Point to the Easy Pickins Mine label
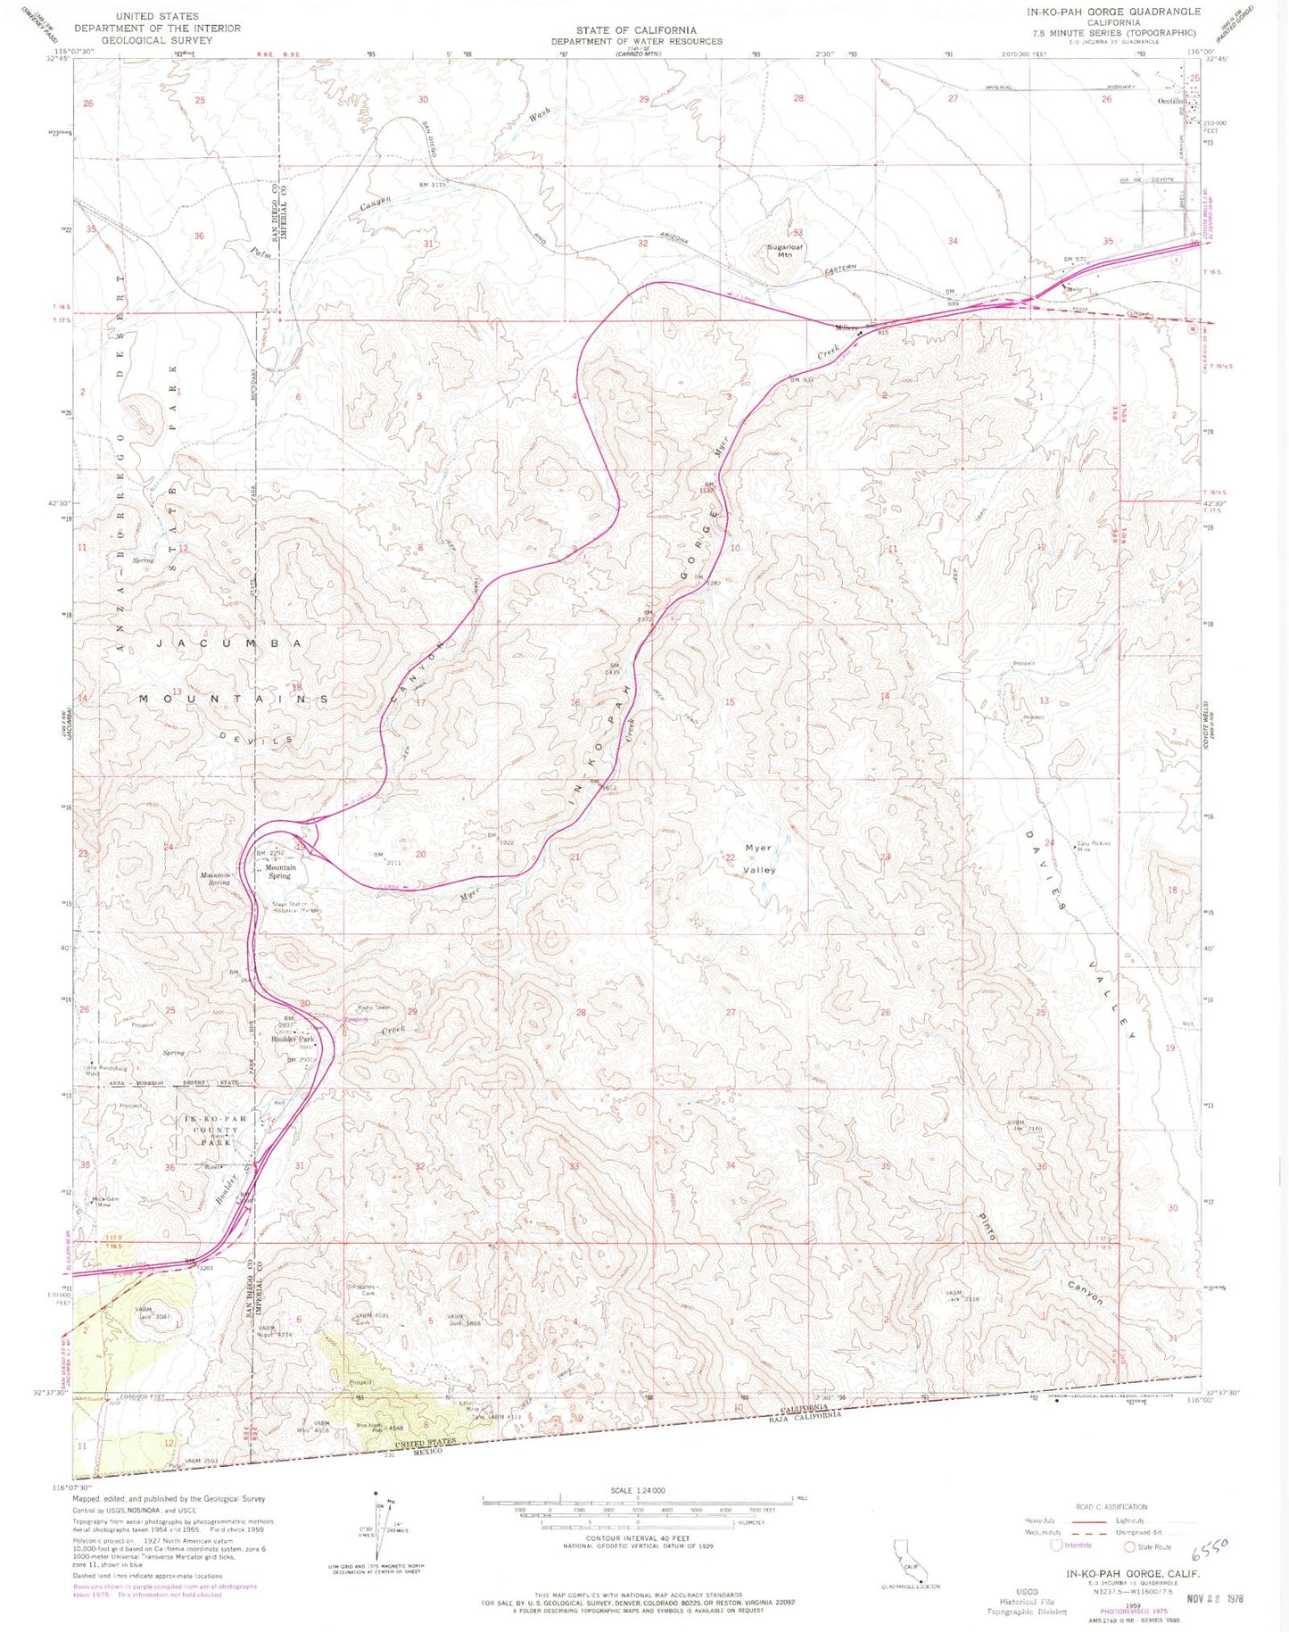point(1095,847)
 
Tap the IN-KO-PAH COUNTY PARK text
point(210,1131)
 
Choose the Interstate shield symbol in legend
point(1058,1545)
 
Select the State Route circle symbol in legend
point(1129,1546)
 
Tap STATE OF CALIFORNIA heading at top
point(636,30)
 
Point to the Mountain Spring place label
point(279,871)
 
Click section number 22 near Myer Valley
point(730,857)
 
